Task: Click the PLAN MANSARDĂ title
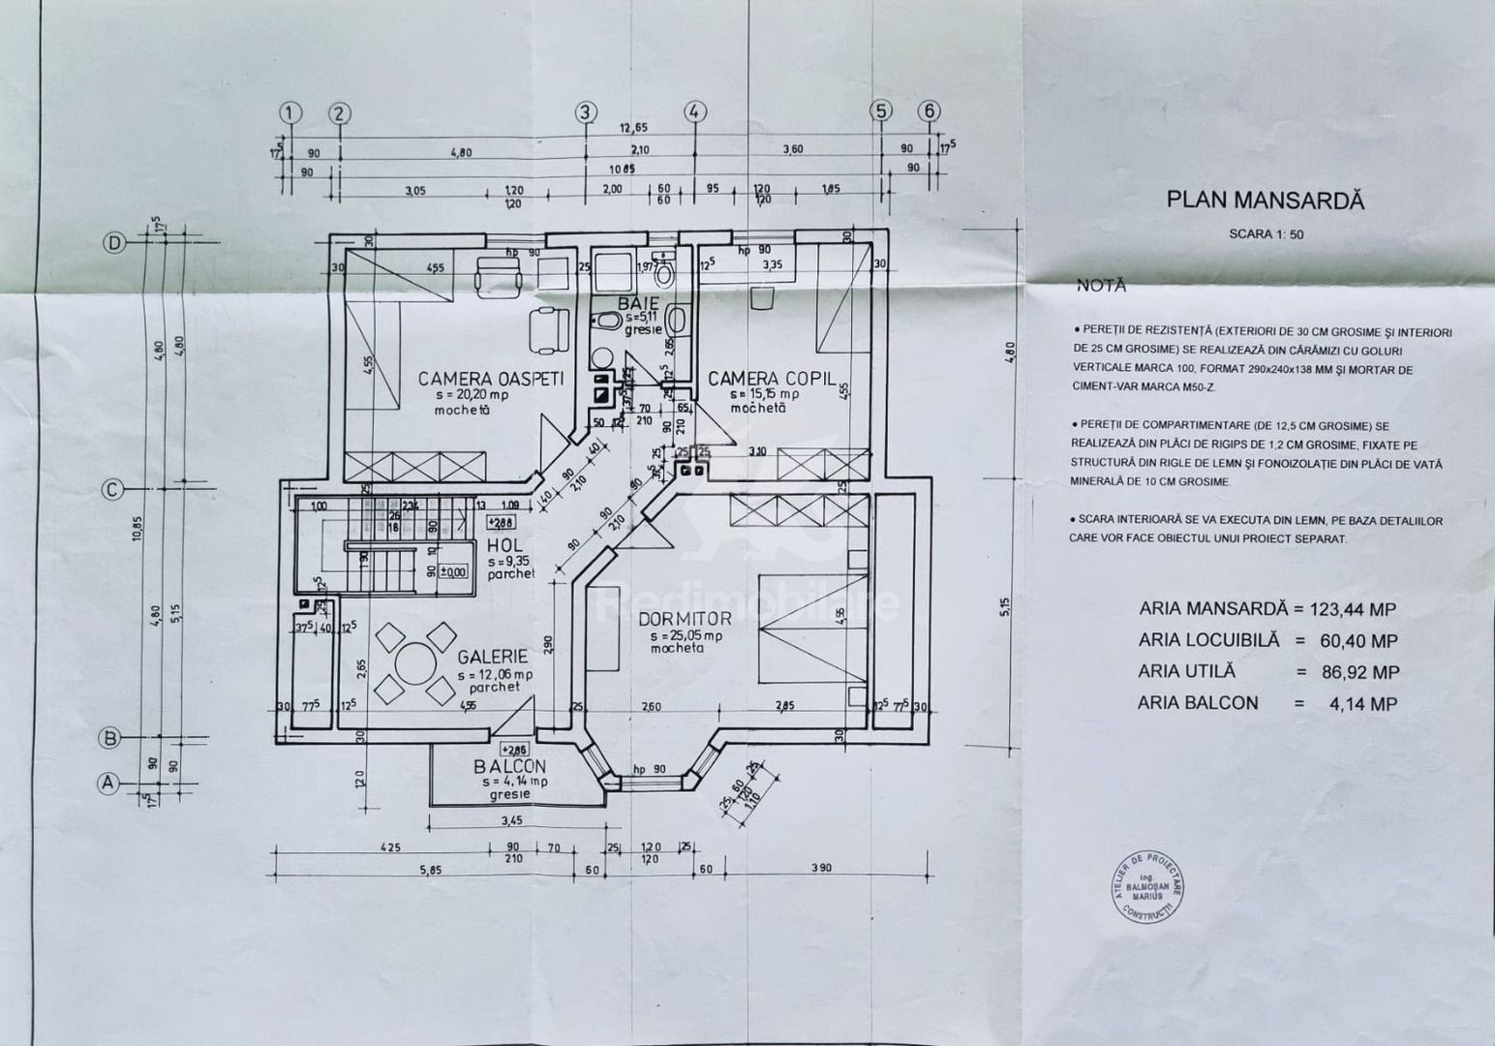(x=1265, y=200)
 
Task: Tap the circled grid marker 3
(x=584, y=112)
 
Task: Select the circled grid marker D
(x=114, y=243)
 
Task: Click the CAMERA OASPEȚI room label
(x=490, y=378)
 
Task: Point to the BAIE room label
(x=638, y=303)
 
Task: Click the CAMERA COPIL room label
(x=771, y=378)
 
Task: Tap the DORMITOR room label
(x=685, y=620)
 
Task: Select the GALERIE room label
(x=493, y=656)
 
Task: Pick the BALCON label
(x=509, y=766)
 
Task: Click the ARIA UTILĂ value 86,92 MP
(x=1359, y=671)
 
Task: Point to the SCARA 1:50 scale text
(x=1266, y=233)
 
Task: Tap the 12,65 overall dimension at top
(x=633, y=128)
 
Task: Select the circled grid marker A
(x=107, y=782)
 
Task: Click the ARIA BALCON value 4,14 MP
(x=1364, y=703)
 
